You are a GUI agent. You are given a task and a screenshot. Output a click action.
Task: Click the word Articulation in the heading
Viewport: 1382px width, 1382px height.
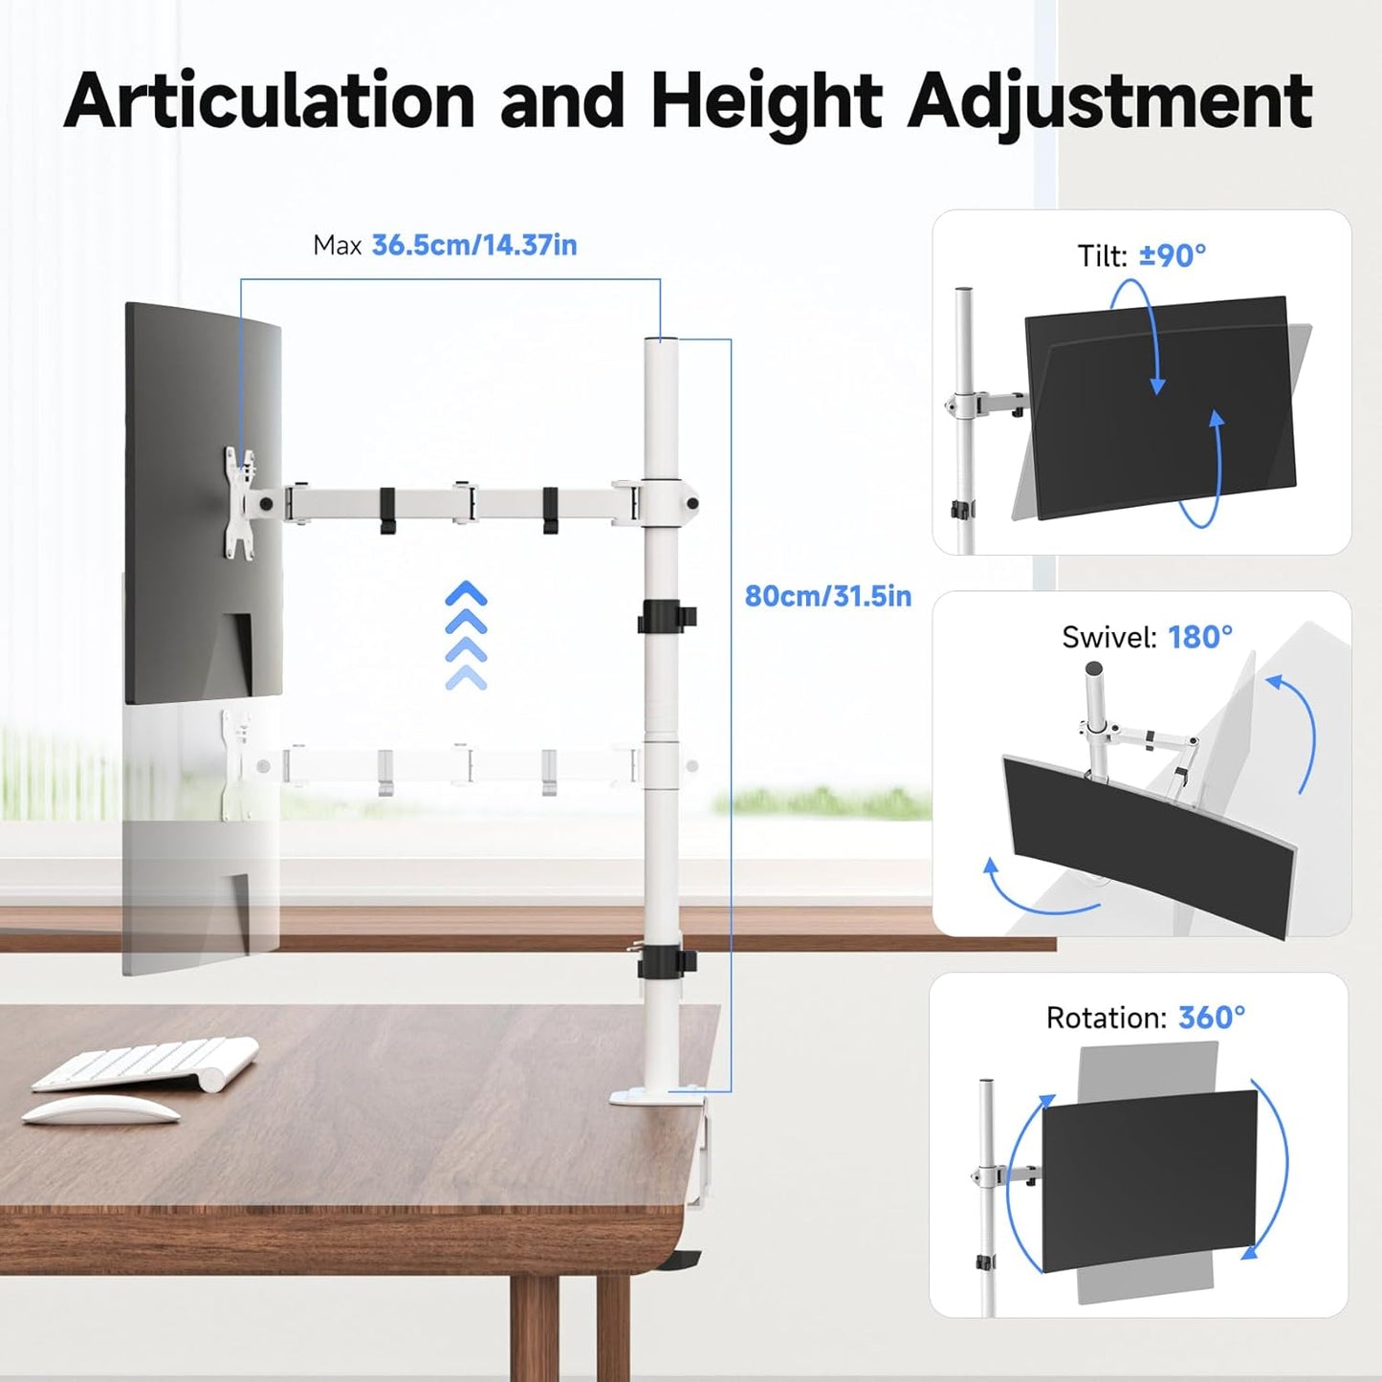(270, 100)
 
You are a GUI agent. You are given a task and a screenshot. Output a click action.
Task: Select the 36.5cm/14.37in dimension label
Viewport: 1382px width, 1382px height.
(473, 246)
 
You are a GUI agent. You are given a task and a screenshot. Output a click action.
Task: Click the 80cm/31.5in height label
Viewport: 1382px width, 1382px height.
(827, 597)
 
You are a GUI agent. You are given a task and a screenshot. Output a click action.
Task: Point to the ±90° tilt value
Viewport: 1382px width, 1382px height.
(1173, 256)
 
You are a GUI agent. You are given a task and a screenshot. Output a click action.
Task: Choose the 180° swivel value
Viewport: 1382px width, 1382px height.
(1200, 637)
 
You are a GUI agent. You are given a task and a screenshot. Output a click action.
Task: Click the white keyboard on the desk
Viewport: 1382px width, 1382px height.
(145, 1064)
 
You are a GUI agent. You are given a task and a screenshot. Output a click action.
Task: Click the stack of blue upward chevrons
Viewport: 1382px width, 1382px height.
(466, 635)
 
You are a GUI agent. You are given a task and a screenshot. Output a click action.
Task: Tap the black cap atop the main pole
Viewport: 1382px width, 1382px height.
(661, 340)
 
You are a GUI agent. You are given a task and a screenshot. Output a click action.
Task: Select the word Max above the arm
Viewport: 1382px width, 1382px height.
(337, 247)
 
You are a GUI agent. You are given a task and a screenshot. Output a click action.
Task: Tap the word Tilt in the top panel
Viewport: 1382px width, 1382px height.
(1102, 256)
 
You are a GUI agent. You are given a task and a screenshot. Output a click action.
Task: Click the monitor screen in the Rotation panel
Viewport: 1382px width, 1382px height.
(1149, 1182)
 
